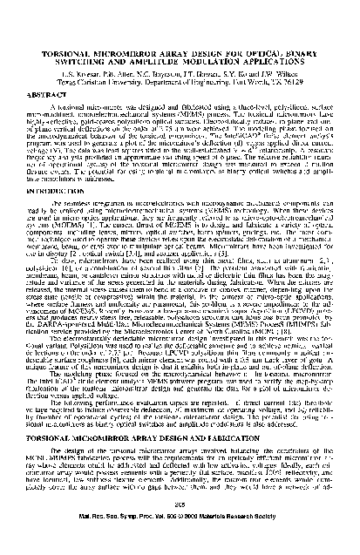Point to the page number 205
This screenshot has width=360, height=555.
tap(180, 533)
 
